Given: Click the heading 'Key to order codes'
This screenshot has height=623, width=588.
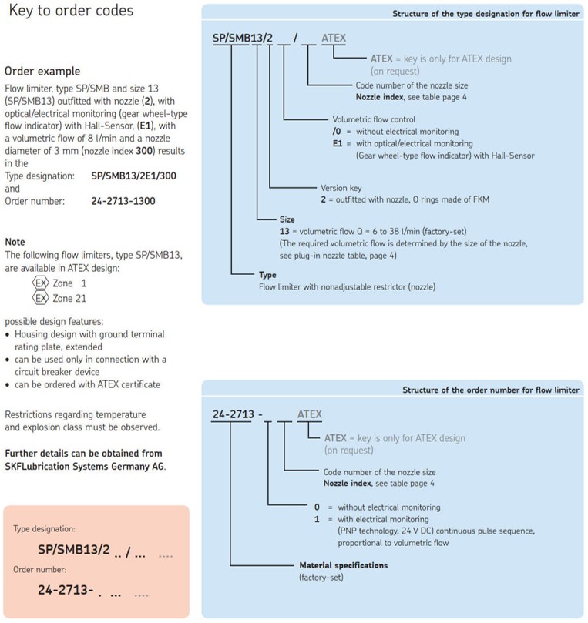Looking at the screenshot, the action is click(x=71, y=11).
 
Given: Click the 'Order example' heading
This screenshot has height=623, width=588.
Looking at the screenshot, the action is click(x=42, y=72).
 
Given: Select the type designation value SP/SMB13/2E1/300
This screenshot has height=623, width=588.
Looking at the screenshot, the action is click(x=133, y=176).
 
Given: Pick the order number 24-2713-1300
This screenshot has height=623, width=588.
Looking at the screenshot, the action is click(x=123, y=201).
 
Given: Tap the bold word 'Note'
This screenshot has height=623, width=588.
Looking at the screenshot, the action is click(x=15, y=242).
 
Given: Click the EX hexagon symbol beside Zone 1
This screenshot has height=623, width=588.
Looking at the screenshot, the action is click(x=41, y=283).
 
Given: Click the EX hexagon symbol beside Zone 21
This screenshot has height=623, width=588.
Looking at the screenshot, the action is click(x=41, y=298).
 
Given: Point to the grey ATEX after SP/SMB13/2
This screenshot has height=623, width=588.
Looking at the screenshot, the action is click(x=334, y=39).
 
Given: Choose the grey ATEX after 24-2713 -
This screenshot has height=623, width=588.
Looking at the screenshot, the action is click(x=310, y=414).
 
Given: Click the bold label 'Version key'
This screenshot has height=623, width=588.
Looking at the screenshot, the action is click(x=341, y=188).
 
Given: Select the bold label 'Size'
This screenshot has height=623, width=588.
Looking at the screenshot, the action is click(x=287, y=219).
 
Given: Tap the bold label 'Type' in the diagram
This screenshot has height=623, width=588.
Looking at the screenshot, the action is click(x=267, y=275).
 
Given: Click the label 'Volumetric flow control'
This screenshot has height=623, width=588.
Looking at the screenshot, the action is click(x=374, y=119).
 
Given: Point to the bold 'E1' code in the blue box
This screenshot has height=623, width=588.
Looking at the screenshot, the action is click(x=338, y=143).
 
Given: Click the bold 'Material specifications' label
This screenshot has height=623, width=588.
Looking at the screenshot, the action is click(x=344, y=565).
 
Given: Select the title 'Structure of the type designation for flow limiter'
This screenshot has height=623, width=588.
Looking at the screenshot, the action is click(x=486, y=14).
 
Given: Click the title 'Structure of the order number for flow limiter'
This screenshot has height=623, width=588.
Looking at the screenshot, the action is click(x=491, y=390).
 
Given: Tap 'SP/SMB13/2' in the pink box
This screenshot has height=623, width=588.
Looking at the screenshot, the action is click(x=73, y=550).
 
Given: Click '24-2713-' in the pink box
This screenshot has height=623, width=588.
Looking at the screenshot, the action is click(x=66, y=590).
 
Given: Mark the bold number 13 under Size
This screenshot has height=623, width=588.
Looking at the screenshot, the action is click(x=284, y=231).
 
